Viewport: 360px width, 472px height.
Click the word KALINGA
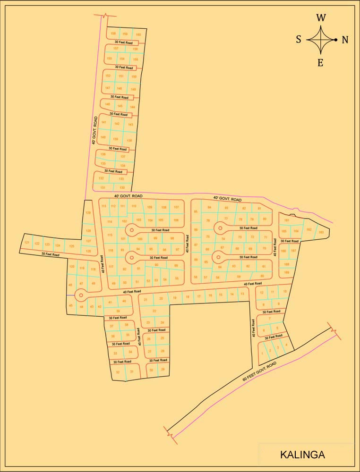click(302, 455)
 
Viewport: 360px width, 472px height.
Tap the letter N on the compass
click(345, 40)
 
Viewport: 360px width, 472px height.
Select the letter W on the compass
click(321, 18)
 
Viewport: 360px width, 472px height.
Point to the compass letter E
click(320, 63)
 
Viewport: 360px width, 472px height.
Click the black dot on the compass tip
click(336, 40)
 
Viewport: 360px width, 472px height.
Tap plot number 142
click(117, 124)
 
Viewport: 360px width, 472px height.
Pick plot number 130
click(122, 187)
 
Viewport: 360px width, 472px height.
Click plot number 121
click(27, 243)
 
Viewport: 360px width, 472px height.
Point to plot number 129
click(88, 213)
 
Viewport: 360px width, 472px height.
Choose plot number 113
click(104, 206)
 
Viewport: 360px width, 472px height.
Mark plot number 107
click(176, 208)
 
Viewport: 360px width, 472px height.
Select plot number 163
click(321, 232)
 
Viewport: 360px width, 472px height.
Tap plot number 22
click(154, 311)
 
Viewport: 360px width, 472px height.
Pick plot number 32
click(118, 372)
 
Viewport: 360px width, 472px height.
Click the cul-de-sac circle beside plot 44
click(80, 295)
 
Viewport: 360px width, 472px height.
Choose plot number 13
click(242, 294)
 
